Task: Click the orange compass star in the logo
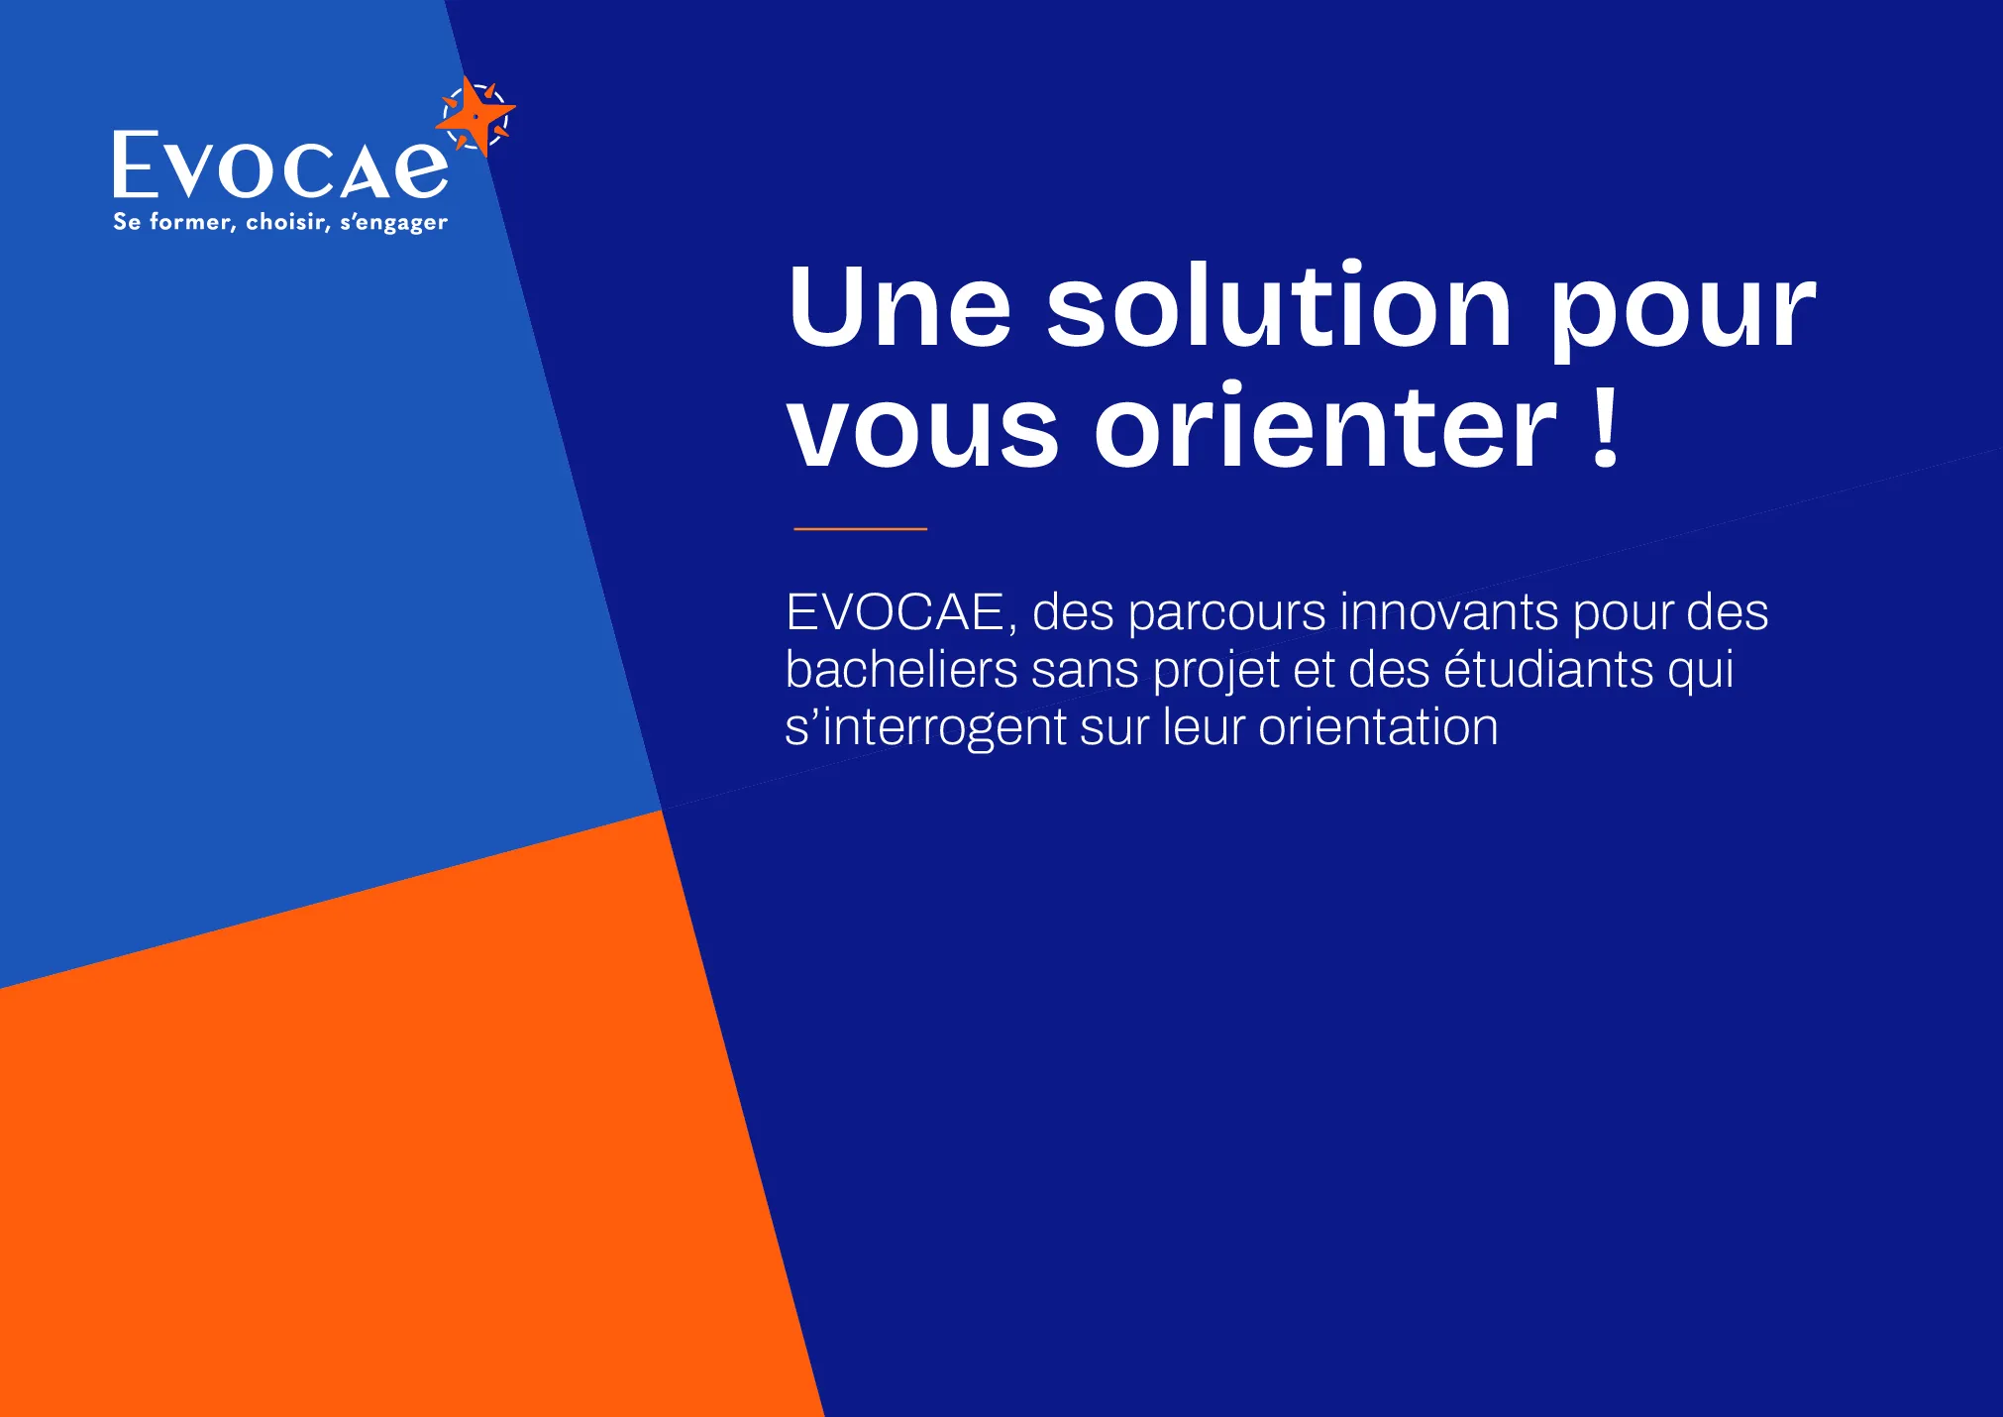click(x=476, y=117)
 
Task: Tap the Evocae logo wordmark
click(x=281, y=165)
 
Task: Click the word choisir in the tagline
click(x=288, y=222)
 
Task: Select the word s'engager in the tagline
click(x=394, y=223)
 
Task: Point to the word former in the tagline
click(x=192, y=222)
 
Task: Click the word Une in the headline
click(x=899, y=306)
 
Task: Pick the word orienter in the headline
click(x=1325, y=425)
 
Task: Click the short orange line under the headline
click(x=860, y=529)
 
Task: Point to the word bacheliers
click(x=901, y=669)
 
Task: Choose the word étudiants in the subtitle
click(x=1548, y=669)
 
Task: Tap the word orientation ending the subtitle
click(x=1378, y=727)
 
